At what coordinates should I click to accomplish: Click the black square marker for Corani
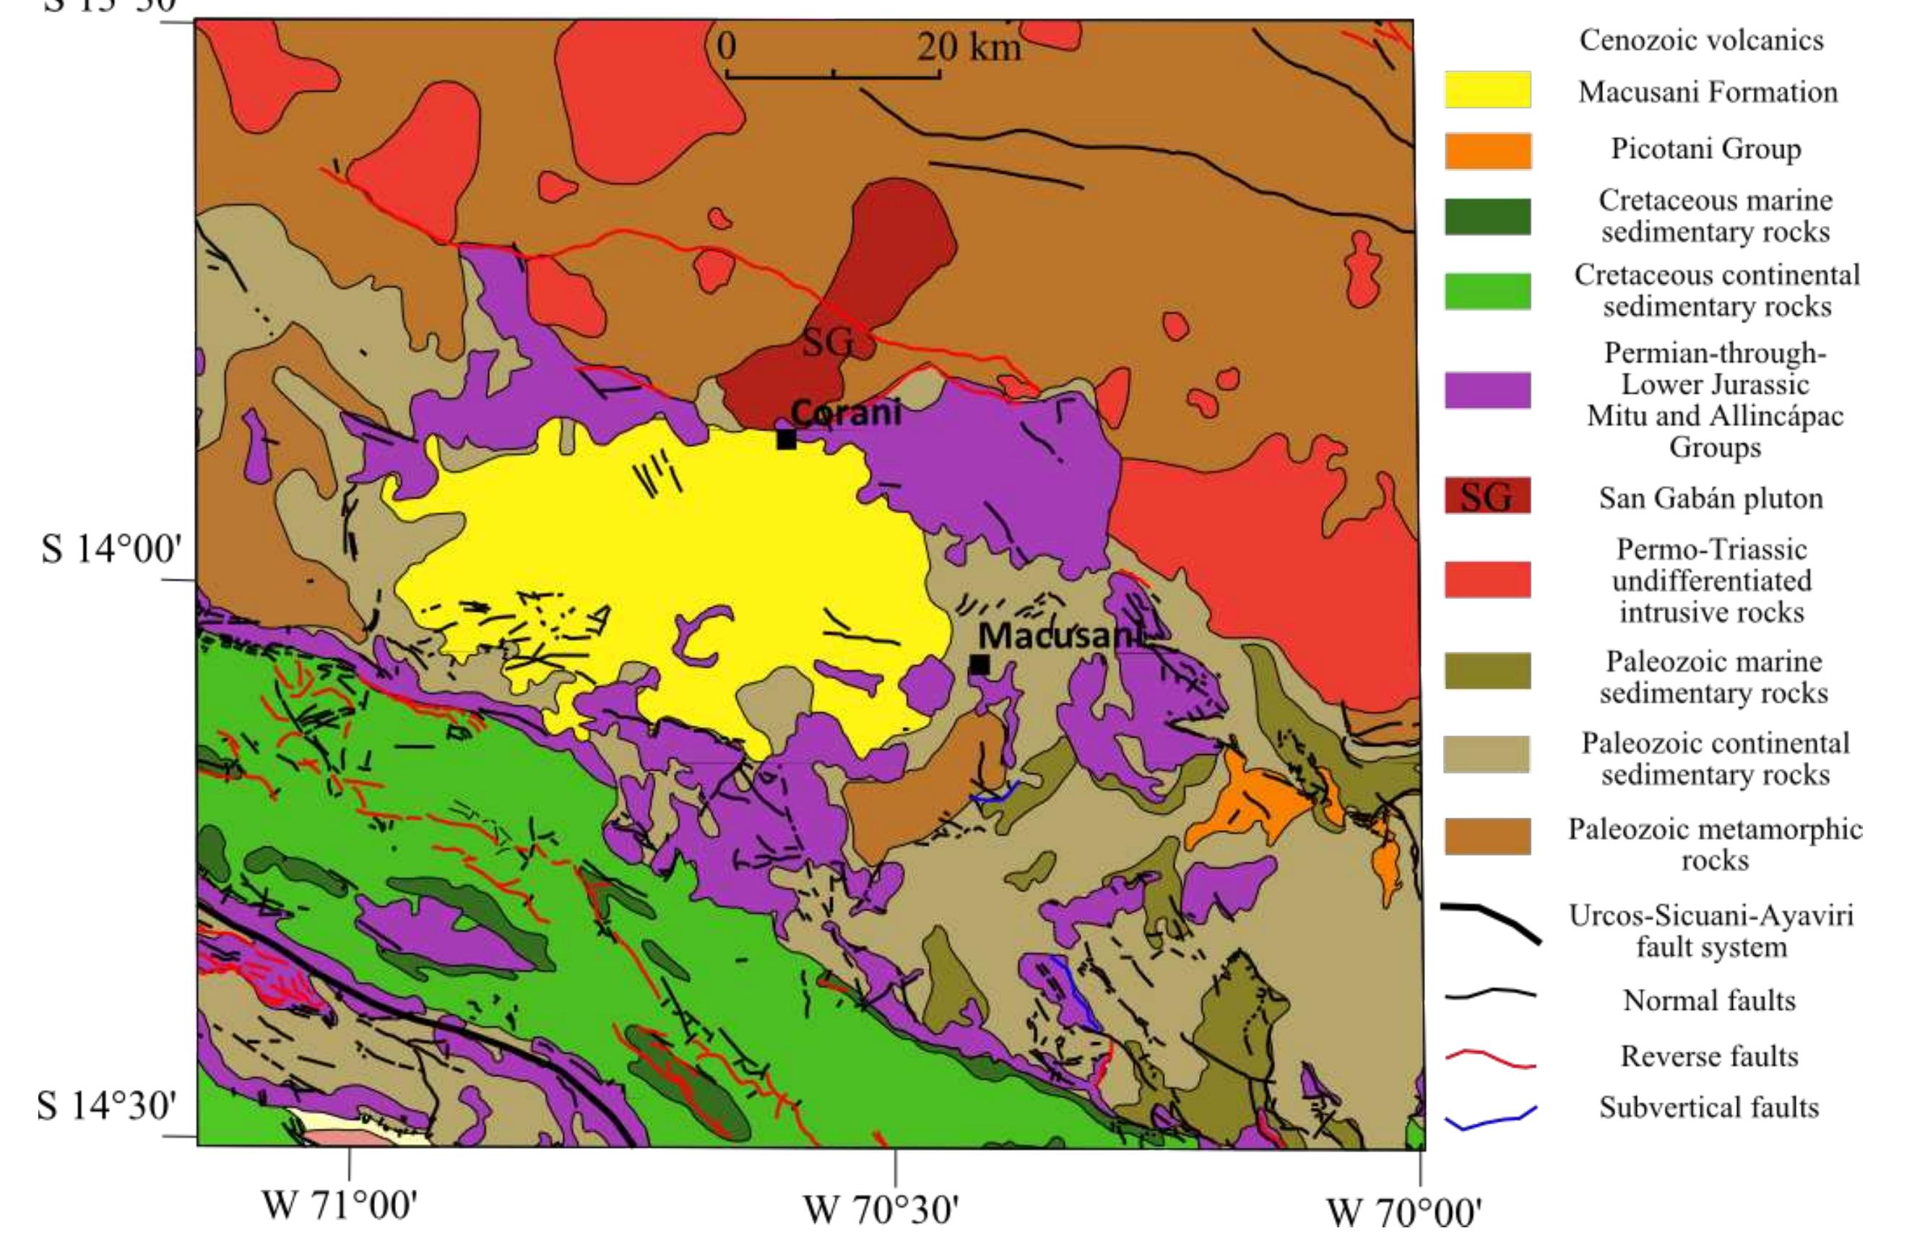(787, 439)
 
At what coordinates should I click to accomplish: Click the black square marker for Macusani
(979, 665)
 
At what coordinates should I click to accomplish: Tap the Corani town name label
(846, 412)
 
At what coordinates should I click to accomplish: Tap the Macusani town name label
(1059, 636)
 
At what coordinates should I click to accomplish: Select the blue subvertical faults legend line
(1491, 1119)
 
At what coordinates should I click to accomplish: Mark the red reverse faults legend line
(1491, 1058)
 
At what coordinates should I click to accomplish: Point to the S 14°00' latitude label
(111, 550)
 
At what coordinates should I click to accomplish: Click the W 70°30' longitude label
(881, 1210)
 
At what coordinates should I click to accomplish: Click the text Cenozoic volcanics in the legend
(1701, 40)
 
